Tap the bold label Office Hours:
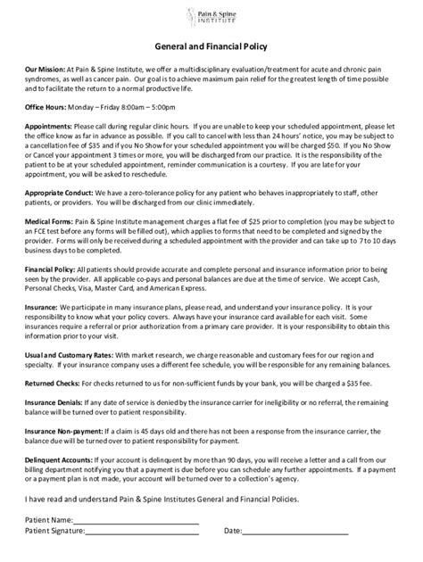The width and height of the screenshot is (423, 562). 46,106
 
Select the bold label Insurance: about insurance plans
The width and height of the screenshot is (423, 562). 42,330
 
